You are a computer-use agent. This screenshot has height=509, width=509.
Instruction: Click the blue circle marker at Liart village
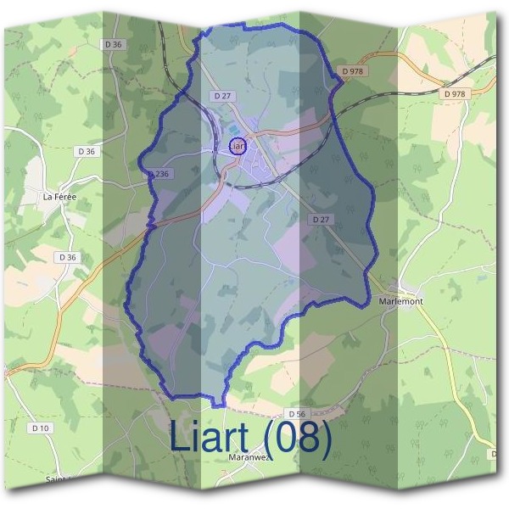tap(237, 146)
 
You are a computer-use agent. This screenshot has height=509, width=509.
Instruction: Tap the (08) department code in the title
tap(296, 437)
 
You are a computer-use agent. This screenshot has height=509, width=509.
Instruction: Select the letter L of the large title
tap(179, 437)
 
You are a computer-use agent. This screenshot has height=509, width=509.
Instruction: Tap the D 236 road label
tap(159, 173)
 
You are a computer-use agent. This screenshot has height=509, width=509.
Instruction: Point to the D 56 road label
tap(295, 413)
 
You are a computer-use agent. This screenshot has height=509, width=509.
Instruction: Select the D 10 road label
tap(40, 428)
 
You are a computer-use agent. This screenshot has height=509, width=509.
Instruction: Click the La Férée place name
tap(60, 197)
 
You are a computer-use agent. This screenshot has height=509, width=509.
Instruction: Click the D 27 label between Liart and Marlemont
tap(320, 219)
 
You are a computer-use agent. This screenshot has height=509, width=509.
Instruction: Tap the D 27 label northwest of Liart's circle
tap(222, 97)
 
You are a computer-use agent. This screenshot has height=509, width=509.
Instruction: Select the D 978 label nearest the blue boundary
tap(350, 72)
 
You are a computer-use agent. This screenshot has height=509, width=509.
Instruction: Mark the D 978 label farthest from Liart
tap(455, 93)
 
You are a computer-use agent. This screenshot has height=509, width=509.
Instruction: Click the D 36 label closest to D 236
tap(87, 151)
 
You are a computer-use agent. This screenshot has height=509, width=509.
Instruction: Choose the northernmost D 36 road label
tap(113, 43)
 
